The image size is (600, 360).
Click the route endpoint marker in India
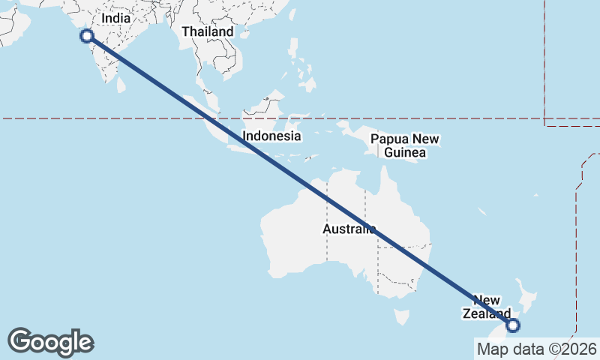pyautogui.click(x=86, y=35)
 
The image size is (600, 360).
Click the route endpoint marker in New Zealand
pyautogui.click(x=513, y=325)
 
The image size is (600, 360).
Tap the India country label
pyautogui.click(x=115, y=17)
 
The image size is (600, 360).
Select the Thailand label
pyautogui.click(x=207, y=31)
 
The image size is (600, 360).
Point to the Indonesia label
pyautogui.click(x=271, y=136)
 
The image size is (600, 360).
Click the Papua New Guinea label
pyautogui.click(x=405, y=145)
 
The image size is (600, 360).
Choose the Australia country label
pyautogui.click(x=349, y=229)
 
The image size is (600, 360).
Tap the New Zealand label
pyautogui.click(x=486, y=307)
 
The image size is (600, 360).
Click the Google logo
pyautogui.click(x=50, y=342)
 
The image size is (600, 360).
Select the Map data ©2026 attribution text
pyautogui.click(x=536, y=349)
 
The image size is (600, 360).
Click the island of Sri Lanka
pyautogui.click(x=121, y=81)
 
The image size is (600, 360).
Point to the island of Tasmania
pyautogui.click(x=403, y=316)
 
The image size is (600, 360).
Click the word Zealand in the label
pyautogui.click(x=486, y=313)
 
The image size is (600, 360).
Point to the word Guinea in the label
pyautogui.click(x=405, y=152)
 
